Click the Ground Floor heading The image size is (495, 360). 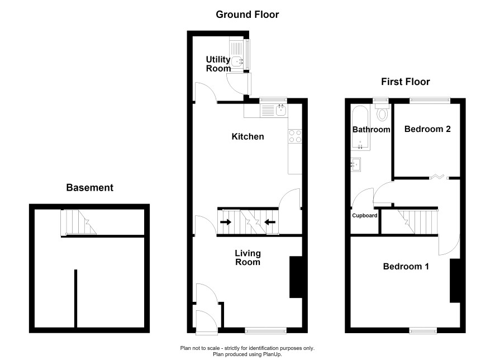pos(247,15)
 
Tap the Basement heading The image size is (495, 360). pos(89,188)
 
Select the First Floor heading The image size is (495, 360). pos(406,82)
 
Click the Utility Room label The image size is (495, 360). pos(218,64)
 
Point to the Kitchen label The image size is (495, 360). pos(248,136)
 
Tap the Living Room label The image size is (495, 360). pos(248,257)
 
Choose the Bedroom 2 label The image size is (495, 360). pos(427,129)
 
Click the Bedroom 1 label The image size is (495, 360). pos(406,266)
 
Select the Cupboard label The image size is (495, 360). pos(365,215)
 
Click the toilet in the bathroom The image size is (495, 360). pos(382,112)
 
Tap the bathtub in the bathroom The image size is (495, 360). pos(360,128)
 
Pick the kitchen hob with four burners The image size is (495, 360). pos(295,136)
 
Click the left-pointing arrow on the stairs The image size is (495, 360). pos(270,222)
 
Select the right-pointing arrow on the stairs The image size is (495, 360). pos(225,222)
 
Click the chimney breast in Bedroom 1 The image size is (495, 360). pos(455,281)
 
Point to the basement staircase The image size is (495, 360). pos(79,222)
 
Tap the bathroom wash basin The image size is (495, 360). pos(356,164)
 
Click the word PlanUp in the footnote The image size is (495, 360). pos(272,354)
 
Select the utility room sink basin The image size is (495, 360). pos(237,60)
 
